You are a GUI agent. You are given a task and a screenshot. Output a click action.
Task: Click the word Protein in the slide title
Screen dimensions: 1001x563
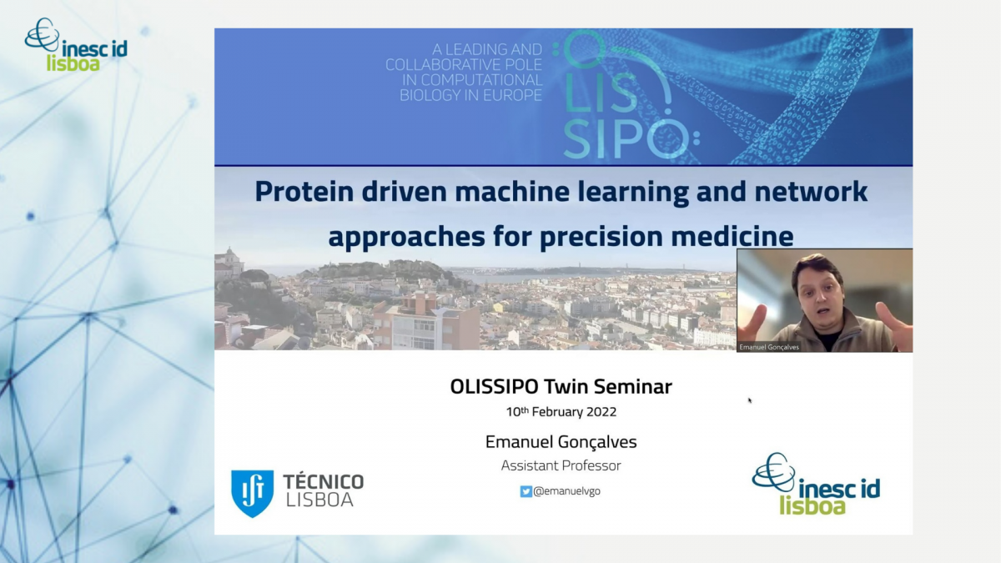point(304,191)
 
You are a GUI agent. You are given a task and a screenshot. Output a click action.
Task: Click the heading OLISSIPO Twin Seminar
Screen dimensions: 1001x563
point(561,387)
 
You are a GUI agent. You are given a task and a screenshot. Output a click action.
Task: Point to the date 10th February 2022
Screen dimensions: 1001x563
point(561,411)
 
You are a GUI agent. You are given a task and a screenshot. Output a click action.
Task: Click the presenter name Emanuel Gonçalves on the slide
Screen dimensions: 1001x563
point(561,442)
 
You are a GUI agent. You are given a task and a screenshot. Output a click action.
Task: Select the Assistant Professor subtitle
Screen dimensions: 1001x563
point(561,465)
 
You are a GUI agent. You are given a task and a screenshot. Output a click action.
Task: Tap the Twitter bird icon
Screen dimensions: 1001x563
point(526,491)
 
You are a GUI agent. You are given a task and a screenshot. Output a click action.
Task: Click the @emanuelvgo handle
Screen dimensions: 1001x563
point(566,491)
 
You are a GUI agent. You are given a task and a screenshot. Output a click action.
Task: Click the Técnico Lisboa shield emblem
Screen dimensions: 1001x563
point(252,493)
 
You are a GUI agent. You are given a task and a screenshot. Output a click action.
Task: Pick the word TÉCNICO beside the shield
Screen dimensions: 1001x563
point(324,482)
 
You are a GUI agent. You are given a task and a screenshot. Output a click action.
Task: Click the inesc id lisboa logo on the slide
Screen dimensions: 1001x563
point(816,484)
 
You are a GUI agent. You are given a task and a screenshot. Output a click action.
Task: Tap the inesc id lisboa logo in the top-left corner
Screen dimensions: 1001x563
point(76,45)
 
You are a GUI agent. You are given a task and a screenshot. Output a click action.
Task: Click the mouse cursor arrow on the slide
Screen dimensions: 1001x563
point(750,400)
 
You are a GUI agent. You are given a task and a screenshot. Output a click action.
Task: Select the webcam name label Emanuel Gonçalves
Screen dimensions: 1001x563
point(769,347)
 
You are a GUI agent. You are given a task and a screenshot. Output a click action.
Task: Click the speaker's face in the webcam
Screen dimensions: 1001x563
point(818,295)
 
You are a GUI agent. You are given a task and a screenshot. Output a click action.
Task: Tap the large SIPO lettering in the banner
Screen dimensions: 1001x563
point(626,138)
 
